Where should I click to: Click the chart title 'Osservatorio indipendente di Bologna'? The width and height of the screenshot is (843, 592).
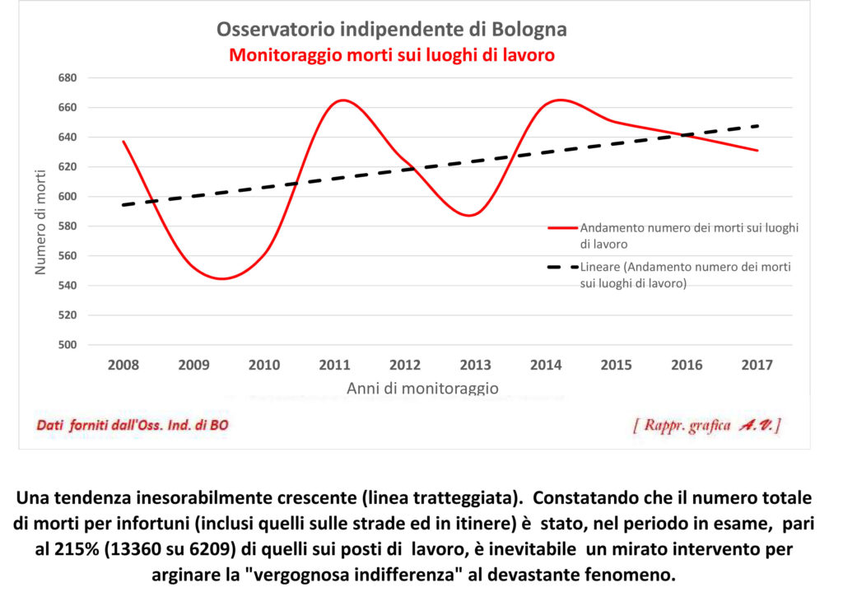coord(392,30)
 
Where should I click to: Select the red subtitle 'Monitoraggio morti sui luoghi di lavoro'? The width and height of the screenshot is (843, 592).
coord(392,55)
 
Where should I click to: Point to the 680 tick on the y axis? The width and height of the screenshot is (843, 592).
coord(67,78)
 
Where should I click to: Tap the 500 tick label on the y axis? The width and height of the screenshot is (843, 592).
coord(67,345)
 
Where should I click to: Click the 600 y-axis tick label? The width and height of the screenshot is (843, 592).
coord(67,197)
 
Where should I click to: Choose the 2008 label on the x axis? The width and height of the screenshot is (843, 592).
coord(123,366)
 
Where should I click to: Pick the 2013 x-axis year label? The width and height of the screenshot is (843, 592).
coord(475,366)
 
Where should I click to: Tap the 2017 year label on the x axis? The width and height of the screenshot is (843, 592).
coord(757,366)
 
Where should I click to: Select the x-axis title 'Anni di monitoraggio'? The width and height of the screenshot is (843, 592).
coord(422,387)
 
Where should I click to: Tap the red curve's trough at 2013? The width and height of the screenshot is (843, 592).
coord(469,216)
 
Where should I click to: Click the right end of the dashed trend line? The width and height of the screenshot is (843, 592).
coord(757,126)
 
